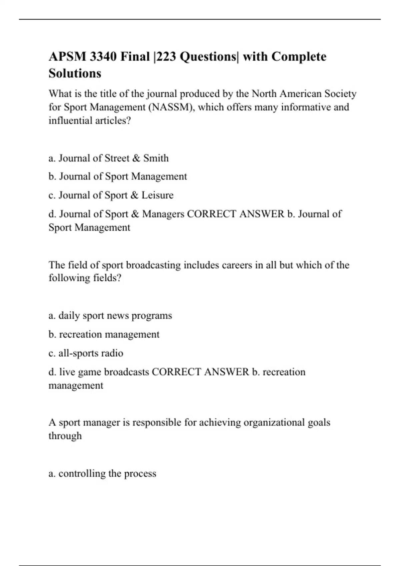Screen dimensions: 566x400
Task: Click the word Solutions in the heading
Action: (75, 73)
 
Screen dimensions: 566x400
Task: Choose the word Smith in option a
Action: (156, 158)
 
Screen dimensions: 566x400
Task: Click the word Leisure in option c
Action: (157, 195)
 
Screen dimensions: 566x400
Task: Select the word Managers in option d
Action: (163, 214)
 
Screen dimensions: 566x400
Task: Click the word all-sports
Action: (78, 353)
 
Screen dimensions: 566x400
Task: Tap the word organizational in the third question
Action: (274, 422)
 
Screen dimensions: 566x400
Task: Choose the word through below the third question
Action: (65, 436)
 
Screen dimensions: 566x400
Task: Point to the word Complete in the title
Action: (299, 57)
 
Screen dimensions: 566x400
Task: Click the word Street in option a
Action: (117, 158)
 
